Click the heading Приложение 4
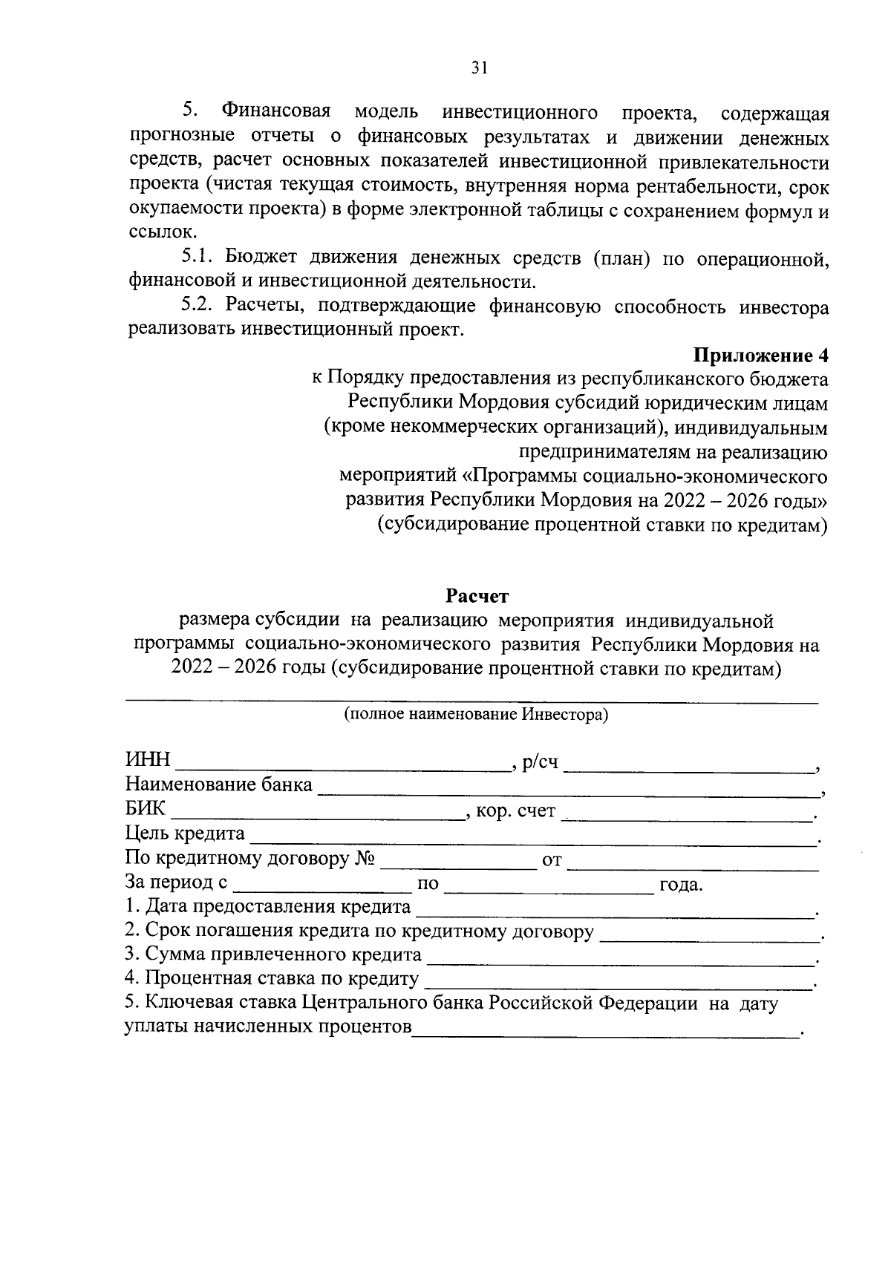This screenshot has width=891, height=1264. (x=760, y=355)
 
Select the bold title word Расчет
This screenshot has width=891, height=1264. (x=477, y=595)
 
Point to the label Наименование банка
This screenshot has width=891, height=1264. (x=219, y=785)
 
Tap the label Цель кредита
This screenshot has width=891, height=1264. (x=185, y=834)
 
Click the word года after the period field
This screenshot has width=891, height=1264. (x=680, y=885)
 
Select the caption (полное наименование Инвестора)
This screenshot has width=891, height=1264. (x=475, y=715)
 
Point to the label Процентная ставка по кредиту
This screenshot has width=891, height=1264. (x=272, y=980)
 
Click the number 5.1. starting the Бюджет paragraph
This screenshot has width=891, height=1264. (x=197, y=258)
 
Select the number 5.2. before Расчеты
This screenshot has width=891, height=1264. (x=197, y=306)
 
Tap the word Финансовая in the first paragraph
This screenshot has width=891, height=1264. (x=275, y=113)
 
